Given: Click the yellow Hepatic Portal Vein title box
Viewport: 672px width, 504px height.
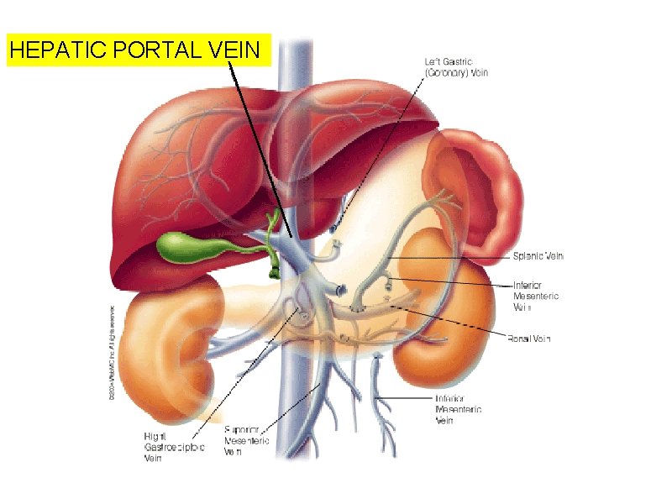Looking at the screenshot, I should point(139,50).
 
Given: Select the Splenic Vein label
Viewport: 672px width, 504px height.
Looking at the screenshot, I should point(538,255).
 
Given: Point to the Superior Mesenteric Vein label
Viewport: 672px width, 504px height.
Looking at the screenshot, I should point(246,440).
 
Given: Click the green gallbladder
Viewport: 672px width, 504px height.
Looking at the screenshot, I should point(185,246).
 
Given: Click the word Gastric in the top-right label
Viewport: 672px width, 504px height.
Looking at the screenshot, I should point(460,60).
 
